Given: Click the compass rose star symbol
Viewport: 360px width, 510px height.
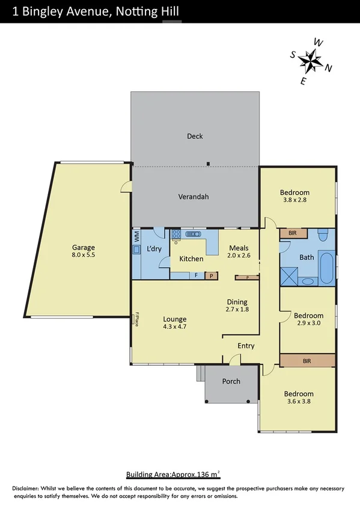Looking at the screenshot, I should click(311, 61).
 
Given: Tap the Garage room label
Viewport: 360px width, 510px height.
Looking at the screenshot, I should click(84, 247).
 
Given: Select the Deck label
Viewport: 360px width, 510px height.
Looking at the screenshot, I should click(195, 136).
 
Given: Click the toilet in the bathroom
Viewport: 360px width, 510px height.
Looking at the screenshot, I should click(323, 234).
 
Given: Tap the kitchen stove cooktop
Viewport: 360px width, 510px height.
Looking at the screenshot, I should click(175, 236).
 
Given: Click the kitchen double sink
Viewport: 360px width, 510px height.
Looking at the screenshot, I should click(194, 234).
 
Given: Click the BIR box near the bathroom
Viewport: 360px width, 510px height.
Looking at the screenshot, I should click(293, 233).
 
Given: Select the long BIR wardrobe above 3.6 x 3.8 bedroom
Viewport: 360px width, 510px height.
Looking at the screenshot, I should click(307, 361).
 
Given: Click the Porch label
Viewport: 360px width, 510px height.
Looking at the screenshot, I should click(231, 381).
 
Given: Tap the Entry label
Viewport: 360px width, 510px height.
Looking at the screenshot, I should click(246, 346).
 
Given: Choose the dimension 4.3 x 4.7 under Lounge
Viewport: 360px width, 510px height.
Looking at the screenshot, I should click(174, 328).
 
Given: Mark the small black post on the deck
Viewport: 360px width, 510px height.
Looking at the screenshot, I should click(208, 163).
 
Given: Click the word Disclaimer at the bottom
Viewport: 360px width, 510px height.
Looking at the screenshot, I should click(23, 488).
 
